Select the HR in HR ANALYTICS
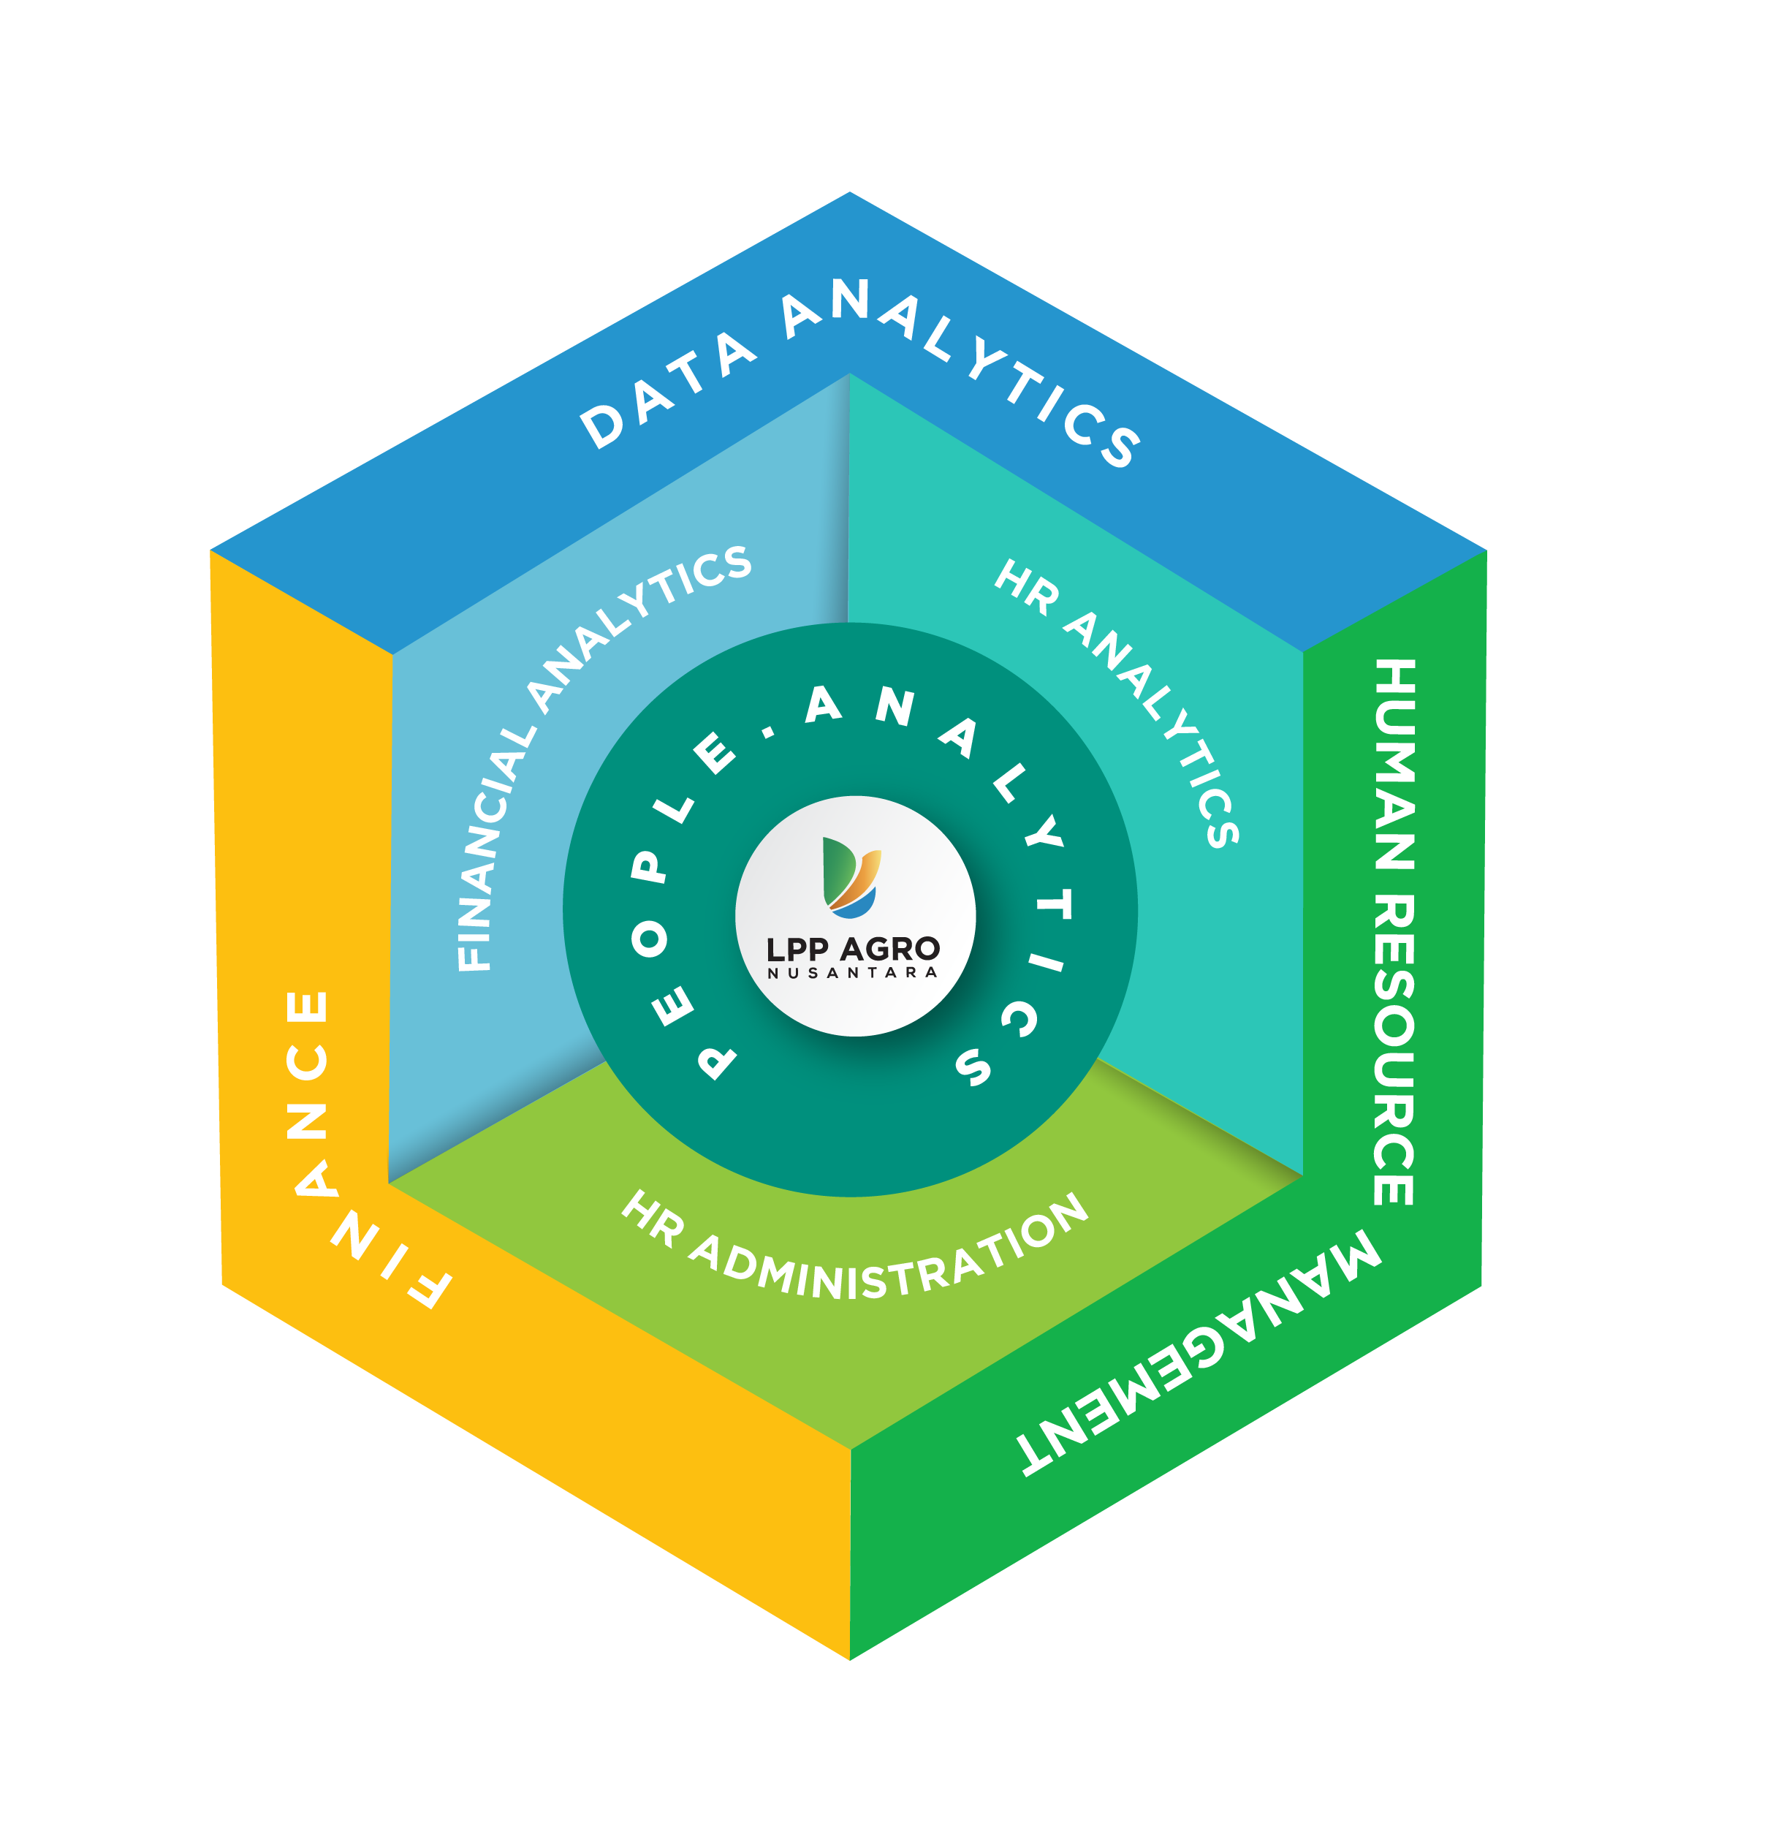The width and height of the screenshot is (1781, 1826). pyautogui.click(x=1026, y=586)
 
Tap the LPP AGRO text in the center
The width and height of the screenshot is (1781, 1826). pyautogui.click(x=852, y=949)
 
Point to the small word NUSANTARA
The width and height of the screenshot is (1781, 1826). pyautogui.click(x=852, y=973)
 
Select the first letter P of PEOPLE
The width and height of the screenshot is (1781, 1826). pyautogui.click(x=718, y=1061)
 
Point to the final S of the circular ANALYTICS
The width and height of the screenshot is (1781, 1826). pyautogui.click(x=973, y=1066)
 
